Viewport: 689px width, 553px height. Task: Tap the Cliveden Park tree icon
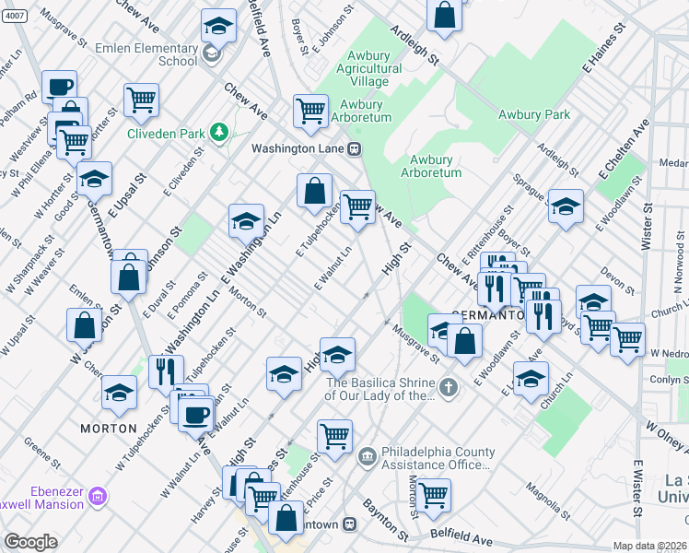point(218,133)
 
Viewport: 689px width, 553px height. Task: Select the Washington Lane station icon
point(353,147)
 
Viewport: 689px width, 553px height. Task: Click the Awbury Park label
point(534,115)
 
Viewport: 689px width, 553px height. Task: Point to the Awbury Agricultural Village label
point(368,68)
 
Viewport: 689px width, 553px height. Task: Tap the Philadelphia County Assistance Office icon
point(367,455)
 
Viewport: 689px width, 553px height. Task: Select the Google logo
point(30,542)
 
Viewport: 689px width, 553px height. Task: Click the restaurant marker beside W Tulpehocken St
point(167,371)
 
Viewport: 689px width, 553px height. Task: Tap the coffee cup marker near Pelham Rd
point(60,87)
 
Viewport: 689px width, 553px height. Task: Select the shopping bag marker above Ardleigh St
point(444,14)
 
